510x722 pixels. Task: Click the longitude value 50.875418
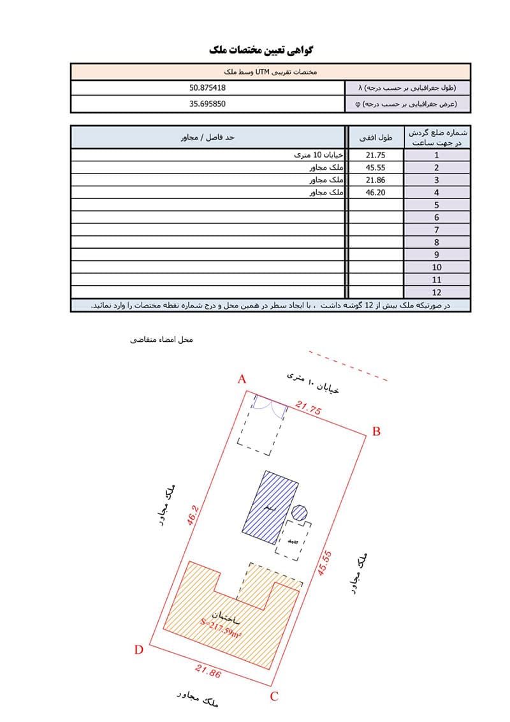208,88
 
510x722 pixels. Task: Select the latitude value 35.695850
208,103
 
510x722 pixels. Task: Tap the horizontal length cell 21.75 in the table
375,155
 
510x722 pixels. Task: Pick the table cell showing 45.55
375,167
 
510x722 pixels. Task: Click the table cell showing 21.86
375,180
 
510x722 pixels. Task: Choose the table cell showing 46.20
375,192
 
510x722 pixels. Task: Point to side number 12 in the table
437,292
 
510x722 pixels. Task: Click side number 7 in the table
437,230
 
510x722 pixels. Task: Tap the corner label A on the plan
242,379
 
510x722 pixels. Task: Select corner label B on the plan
376,432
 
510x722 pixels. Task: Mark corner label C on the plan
274,696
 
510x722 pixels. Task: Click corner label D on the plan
138,650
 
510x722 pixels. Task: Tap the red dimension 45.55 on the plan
324,563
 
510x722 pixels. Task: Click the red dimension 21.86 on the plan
208,672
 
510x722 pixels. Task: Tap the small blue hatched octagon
300,512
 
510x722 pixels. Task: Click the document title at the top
262,49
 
